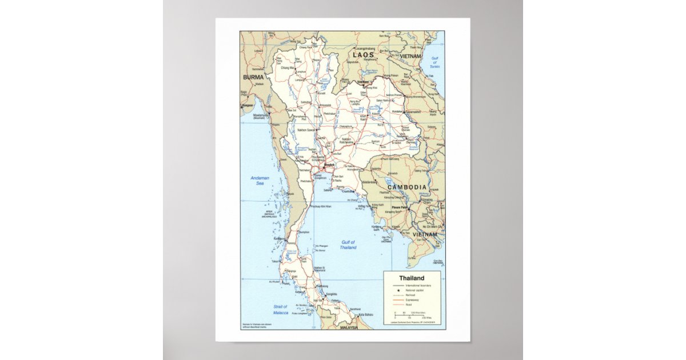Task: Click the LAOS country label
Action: point(364,55)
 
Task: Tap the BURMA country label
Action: point(254,77)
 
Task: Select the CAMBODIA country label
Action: point(407,187)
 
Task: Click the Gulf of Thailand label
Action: point(348,245)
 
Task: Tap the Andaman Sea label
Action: point(260,181)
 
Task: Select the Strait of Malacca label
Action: point(280,310)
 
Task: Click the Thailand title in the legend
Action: point(412,278)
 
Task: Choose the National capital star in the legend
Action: point(397,290)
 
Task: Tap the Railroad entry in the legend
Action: point(412,295)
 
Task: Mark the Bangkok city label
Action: point(328,165)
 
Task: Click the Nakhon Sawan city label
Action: point(305,130)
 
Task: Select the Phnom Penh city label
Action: point(400,207)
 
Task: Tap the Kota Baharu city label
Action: point(366,315)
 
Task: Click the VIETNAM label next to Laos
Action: point(410,57)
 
